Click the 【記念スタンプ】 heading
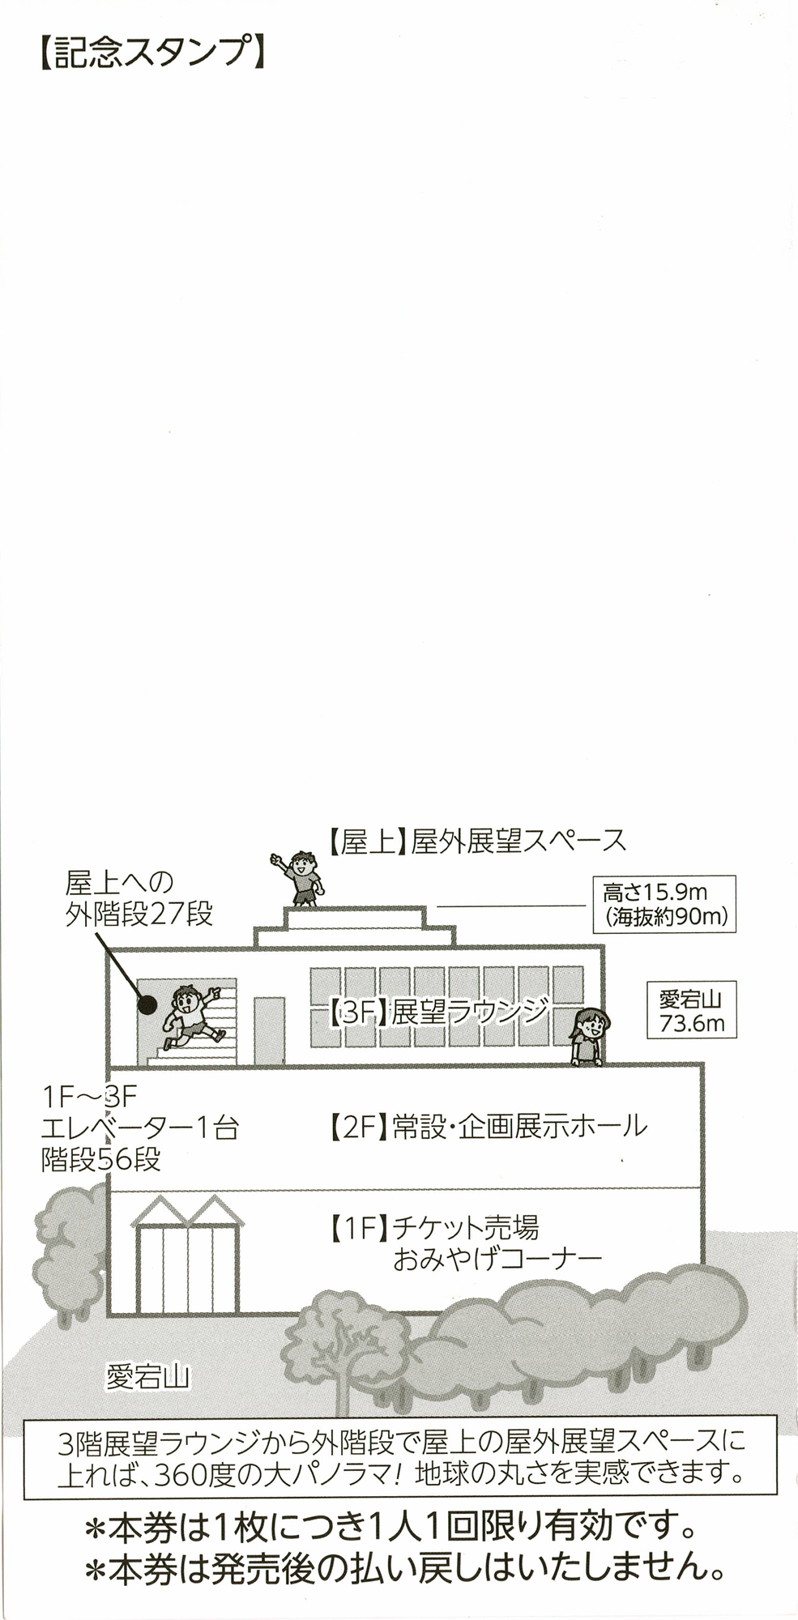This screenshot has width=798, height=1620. click(x=151, y=53)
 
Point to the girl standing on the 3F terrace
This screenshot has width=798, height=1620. click(x=589, y=1036)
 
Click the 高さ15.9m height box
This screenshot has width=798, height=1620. click(x=664, y=904)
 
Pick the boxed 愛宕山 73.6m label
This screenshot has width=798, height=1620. click(x=691, y=1009)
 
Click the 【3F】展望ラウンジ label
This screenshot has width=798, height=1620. click(x=438, y=1011)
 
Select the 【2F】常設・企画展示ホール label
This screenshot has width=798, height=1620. click(x=488, y=1127)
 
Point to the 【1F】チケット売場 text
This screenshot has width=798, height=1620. click(x=433, y=1228)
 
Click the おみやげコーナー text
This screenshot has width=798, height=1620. click(x=497, y=1260)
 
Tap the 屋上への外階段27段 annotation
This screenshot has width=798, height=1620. click(x=139, y=897)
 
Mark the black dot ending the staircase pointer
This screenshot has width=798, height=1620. click(x=147, y=1004)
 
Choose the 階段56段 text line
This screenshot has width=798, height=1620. click(x=101, y=1159)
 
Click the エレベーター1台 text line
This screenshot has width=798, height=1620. click(x=139, y=1128)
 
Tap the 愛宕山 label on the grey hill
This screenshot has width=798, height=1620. click(x=147, y=1375)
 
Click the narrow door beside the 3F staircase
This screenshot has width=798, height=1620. click(x=270, y=1030)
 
